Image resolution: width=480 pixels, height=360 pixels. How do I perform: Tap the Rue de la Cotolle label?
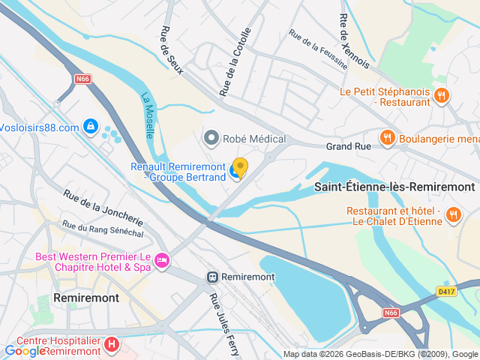[235, 61]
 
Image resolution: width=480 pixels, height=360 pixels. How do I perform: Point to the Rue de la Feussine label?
[319, 49]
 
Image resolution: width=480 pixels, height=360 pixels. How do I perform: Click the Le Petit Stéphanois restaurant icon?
[442, 95]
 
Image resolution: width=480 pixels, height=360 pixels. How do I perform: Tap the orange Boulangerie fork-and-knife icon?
[387, 137]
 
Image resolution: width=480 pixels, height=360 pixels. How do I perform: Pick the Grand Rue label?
[348, 147]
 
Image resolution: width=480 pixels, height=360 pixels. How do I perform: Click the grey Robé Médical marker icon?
[211, 138]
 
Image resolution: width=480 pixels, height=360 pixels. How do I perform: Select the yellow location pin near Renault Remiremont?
[240, 166]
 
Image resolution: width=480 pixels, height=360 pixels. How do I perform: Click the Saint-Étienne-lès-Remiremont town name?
[393, 187]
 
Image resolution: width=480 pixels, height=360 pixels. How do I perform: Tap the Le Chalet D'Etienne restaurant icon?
[453, 216]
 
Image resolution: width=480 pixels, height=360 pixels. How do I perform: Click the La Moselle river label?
[148, 115]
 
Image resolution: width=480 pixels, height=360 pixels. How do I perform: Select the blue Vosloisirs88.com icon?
[91, 127]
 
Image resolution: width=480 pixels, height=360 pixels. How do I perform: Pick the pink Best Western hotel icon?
[161, 261]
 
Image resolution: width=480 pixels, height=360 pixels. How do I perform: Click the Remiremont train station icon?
[213, 277]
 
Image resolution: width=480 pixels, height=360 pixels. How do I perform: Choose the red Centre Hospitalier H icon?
[111, 346]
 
